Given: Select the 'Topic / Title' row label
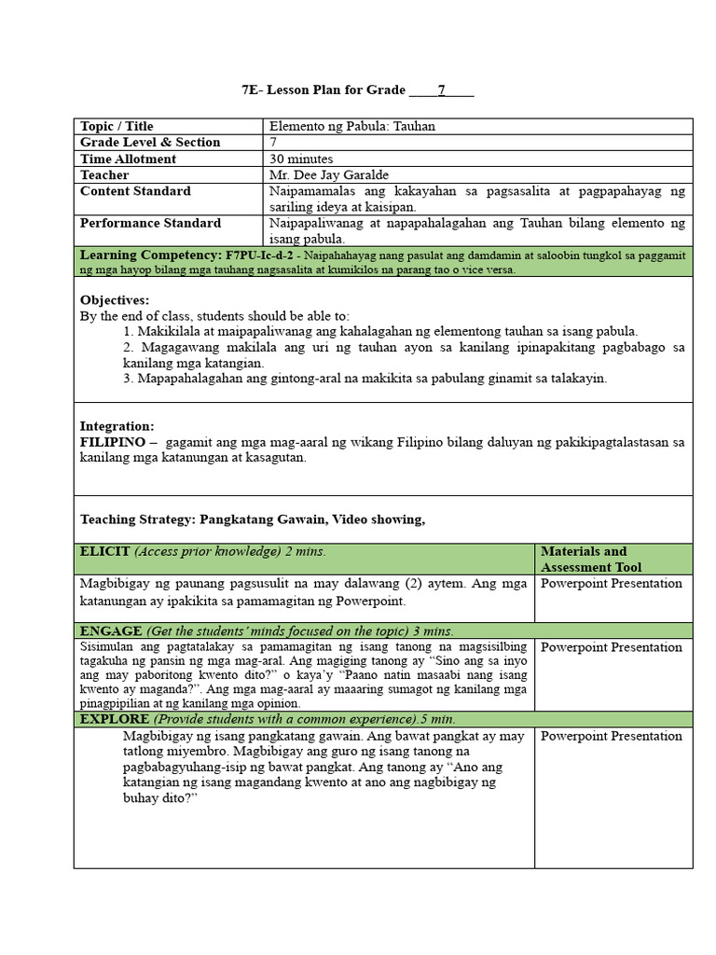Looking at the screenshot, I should [117, 126].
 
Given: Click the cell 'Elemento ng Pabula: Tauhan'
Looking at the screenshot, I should [351, 126].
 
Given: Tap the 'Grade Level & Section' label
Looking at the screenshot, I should [150, 142].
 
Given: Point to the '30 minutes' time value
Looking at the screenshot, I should [301, 159].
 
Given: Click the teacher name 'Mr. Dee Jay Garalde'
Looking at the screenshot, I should [328, 174].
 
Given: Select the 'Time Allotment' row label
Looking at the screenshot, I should [128, 159].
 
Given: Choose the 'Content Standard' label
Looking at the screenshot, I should [135, 190].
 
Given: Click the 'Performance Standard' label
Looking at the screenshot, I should [150, 223].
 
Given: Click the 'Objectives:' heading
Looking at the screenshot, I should [115, 300].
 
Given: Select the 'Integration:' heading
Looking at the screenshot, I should [117, 426].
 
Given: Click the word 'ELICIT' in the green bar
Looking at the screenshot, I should [105, 551].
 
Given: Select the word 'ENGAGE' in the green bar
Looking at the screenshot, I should [111, 630].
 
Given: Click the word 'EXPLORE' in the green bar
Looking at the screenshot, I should [115, 719].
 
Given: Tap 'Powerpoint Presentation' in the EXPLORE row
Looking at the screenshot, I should [612, 736].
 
